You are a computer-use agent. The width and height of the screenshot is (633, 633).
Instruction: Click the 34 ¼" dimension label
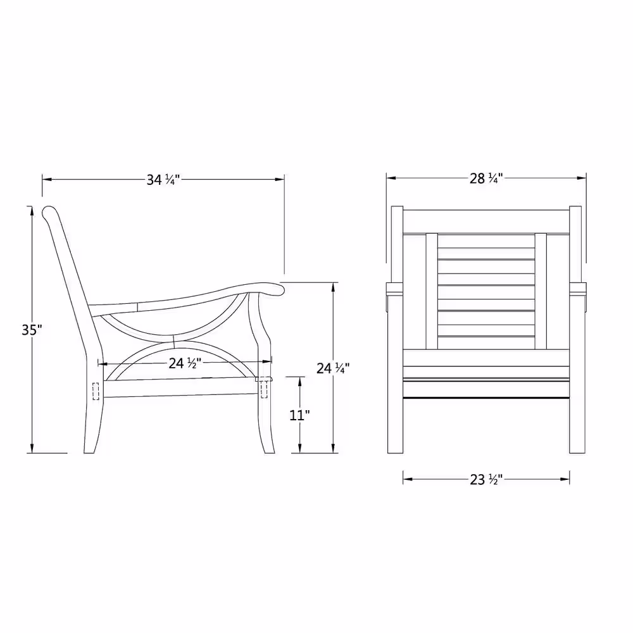tap(163, 180)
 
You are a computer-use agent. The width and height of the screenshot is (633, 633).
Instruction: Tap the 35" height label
tap(32, 330)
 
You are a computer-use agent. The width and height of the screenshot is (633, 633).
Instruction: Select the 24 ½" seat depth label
tap(184, 363)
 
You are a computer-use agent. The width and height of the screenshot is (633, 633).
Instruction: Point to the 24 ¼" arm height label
tap(333, 368)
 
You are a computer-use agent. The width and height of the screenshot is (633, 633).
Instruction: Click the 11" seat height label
tap(299, 415)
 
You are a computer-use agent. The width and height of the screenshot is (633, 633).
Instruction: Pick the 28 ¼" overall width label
tap(486, 178)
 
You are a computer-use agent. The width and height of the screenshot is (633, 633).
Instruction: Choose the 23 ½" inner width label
tap(486, 480)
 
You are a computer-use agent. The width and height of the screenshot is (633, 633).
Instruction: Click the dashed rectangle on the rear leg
tap(96, 391)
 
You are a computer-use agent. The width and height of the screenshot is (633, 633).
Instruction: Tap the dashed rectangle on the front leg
tap(264, 389)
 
